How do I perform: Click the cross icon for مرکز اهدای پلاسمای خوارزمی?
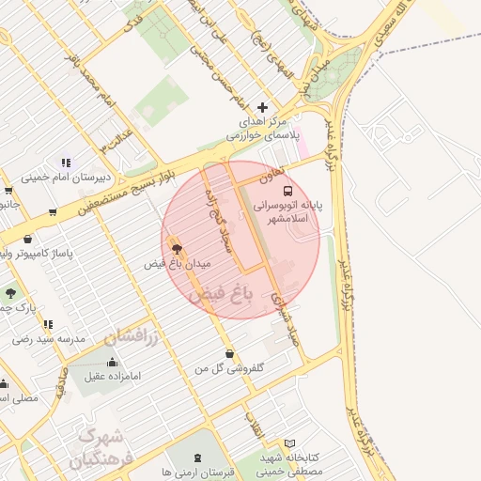click(262, 108)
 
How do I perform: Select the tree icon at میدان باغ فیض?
click(177, 248)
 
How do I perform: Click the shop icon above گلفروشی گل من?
click(230, 354)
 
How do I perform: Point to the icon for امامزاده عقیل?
click(113, 363)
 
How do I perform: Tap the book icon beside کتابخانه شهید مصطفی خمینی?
click(289, 443)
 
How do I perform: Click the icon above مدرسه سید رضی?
click(48, 324)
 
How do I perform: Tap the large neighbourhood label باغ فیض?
click(222, 295)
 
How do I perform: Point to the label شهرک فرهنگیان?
click(98, 449)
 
